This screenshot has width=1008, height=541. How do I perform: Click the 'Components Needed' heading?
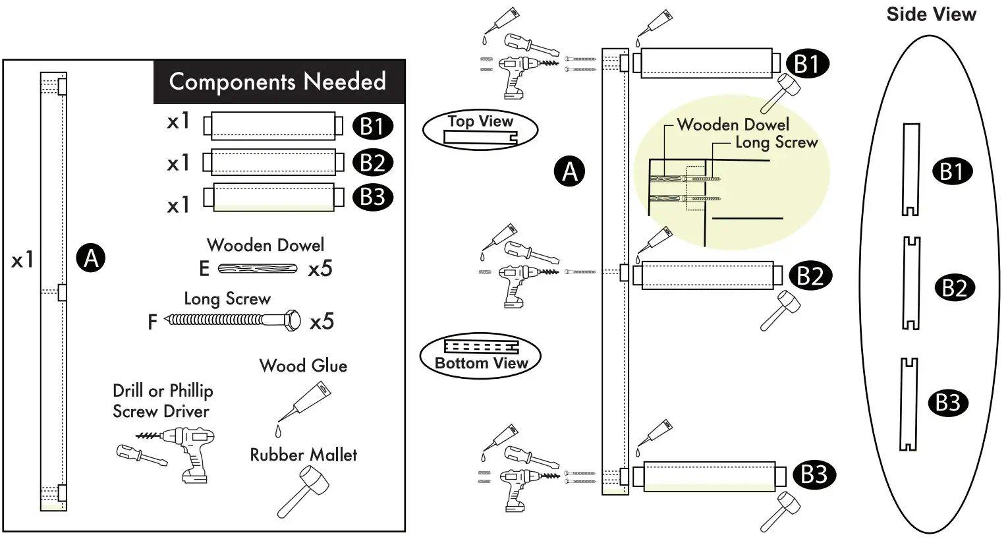point(277,82)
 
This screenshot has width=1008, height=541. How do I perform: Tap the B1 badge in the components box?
point(372,126)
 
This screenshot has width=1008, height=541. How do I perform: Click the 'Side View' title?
point(931,14)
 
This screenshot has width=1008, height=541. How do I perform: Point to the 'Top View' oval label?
point(480,130)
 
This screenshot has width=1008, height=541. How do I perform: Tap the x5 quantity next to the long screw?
point(322,322)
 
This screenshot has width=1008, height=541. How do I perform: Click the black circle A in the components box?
point(91,258)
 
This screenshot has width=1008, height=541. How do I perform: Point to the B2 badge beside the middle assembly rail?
point(810,275)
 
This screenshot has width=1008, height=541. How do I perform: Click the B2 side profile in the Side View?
point(910,283)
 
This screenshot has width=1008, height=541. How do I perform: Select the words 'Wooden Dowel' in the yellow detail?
point(733,125)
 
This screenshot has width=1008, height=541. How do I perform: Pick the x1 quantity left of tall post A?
point(22,261)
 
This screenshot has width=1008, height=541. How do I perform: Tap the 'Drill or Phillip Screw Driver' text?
point(162,401)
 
